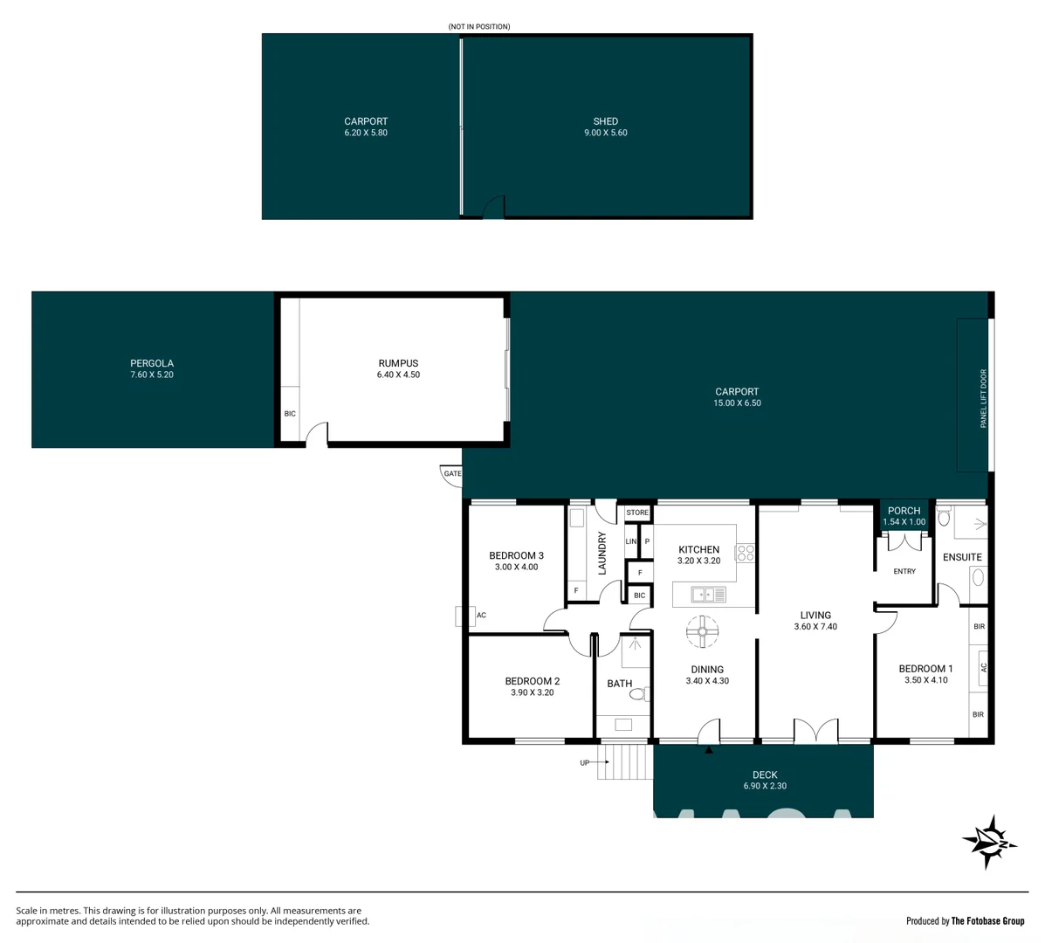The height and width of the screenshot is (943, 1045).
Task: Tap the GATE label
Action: click(x=452, y=473)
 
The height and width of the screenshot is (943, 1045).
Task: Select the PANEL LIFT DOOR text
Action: click(x=983, y=398)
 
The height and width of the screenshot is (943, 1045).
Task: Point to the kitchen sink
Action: click(x=708, y=595)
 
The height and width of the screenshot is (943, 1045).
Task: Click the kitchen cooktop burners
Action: click(x=746, y=552)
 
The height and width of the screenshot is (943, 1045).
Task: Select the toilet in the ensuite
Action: click(x=944, y=519)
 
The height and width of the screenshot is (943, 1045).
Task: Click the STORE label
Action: click(x=637, y=513)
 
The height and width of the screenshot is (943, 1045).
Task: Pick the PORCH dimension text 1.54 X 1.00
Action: click(x=904, y=522)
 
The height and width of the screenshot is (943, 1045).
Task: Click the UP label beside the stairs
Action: click(x=584, y=762)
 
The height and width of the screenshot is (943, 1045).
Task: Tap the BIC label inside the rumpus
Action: click(x=290, y=414)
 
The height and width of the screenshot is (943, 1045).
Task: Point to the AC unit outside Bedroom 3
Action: click(x=460, y=616)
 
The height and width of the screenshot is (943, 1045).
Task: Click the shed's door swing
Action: click(x=495, y=208)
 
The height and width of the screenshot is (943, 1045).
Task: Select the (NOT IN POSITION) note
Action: click(x=478, y=27)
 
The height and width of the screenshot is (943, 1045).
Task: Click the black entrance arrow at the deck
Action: click(x=709, y=749)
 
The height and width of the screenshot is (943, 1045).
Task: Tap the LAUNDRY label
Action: click(x=602, y=553)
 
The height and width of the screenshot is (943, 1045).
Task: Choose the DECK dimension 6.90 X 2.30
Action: click(x=764, y=786)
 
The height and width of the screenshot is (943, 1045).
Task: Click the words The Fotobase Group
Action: click(x=987, y=921)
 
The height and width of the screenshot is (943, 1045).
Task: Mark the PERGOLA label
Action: click(x=152, y=363)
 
